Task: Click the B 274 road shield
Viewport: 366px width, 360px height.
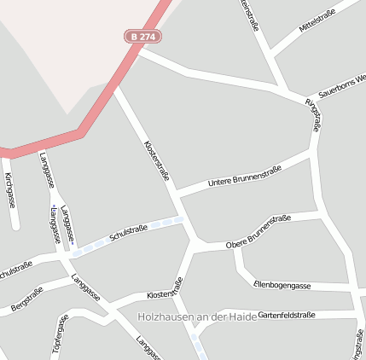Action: point(142,36)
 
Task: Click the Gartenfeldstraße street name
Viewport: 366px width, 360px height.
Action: point(286,315)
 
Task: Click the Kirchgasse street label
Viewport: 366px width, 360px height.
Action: point(10,189)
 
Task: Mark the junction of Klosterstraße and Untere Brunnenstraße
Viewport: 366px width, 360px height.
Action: point(177,195)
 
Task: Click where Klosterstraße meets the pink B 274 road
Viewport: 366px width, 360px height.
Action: point(116,85)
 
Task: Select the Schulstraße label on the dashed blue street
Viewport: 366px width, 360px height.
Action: point(130,231)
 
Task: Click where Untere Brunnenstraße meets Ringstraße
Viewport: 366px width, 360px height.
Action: point(311,154)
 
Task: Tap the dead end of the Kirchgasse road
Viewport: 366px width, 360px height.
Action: point(15,226)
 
